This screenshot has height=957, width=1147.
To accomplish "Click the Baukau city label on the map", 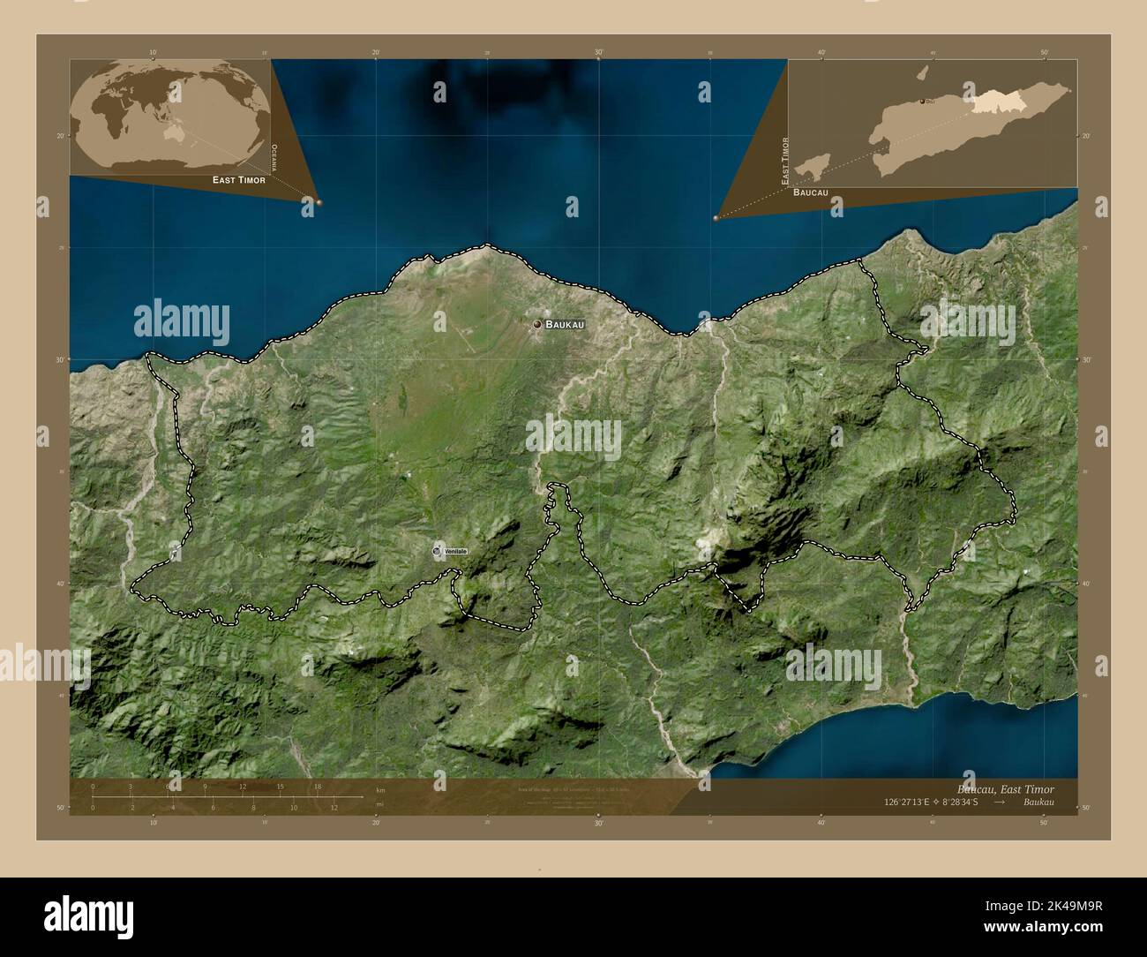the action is coord(565,325).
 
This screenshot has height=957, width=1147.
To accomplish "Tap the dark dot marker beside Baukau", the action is coord(536,325).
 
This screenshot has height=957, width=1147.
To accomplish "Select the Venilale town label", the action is coord(456,552).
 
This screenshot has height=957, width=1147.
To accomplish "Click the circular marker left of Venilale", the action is coord(438,551).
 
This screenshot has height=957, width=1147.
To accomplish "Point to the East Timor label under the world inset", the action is coord(238,179).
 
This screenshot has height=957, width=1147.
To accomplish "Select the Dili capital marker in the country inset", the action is coord(923,102).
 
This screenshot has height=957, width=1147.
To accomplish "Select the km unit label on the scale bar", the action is coord(380,789).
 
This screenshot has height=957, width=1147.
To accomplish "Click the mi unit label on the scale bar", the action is coord(380,804).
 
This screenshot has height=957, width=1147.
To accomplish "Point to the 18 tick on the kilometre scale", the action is coord(317,786).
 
